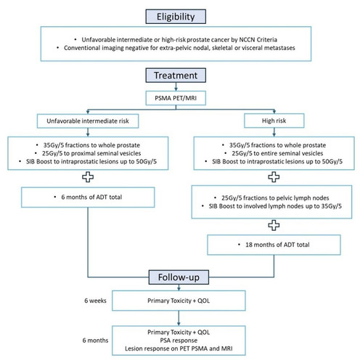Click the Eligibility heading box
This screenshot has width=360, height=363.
click(x=176, y=17)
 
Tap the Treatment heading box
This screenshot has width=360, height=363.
click(x=176, y=76)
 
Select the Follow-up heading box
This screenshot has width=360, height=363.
click(x=179, y=277)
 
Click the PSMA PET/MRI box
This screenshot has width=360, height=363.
click(x=176, y=98)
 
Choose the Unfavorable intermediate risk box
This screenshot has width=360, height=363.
click(x=88, y=121)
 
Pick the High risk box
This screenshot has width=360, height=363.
click(x=274, y=121)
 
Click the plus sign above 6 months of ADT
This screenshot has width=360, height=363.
click(x=88, y=177)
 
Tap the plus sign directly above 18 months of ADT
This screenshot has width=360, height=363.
click(x=274, y=225)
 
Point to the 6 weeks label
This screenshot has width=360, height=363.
click(x=95, y=301)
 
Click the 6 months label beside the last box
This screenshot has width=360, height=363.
click(x=95, y=340)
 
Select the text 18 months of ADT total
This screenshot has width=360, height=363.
click(x=277, y=245)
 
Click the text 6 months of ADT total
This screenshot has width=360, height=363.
click(x=91, y=197)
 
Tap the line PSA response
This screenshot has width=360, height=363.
click(x=179, y=340)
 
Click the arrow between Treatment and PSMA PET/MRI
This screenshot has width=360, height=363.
click(x=176, y=86)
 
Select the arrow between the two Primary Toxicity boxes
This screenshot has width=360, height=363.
click(x=179, y=318)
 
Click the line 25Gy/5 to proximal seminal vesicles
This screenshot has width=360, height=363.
click(x=91, y=153)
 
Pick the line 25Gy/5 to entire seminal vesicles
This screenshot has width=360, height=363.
click(x=277, y=153)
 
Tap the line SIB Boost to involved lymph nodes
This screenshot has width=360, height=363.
click(x=275, y=206)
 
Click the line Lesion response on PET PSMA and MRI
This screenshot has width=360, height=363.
click(x=179, y=348)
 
